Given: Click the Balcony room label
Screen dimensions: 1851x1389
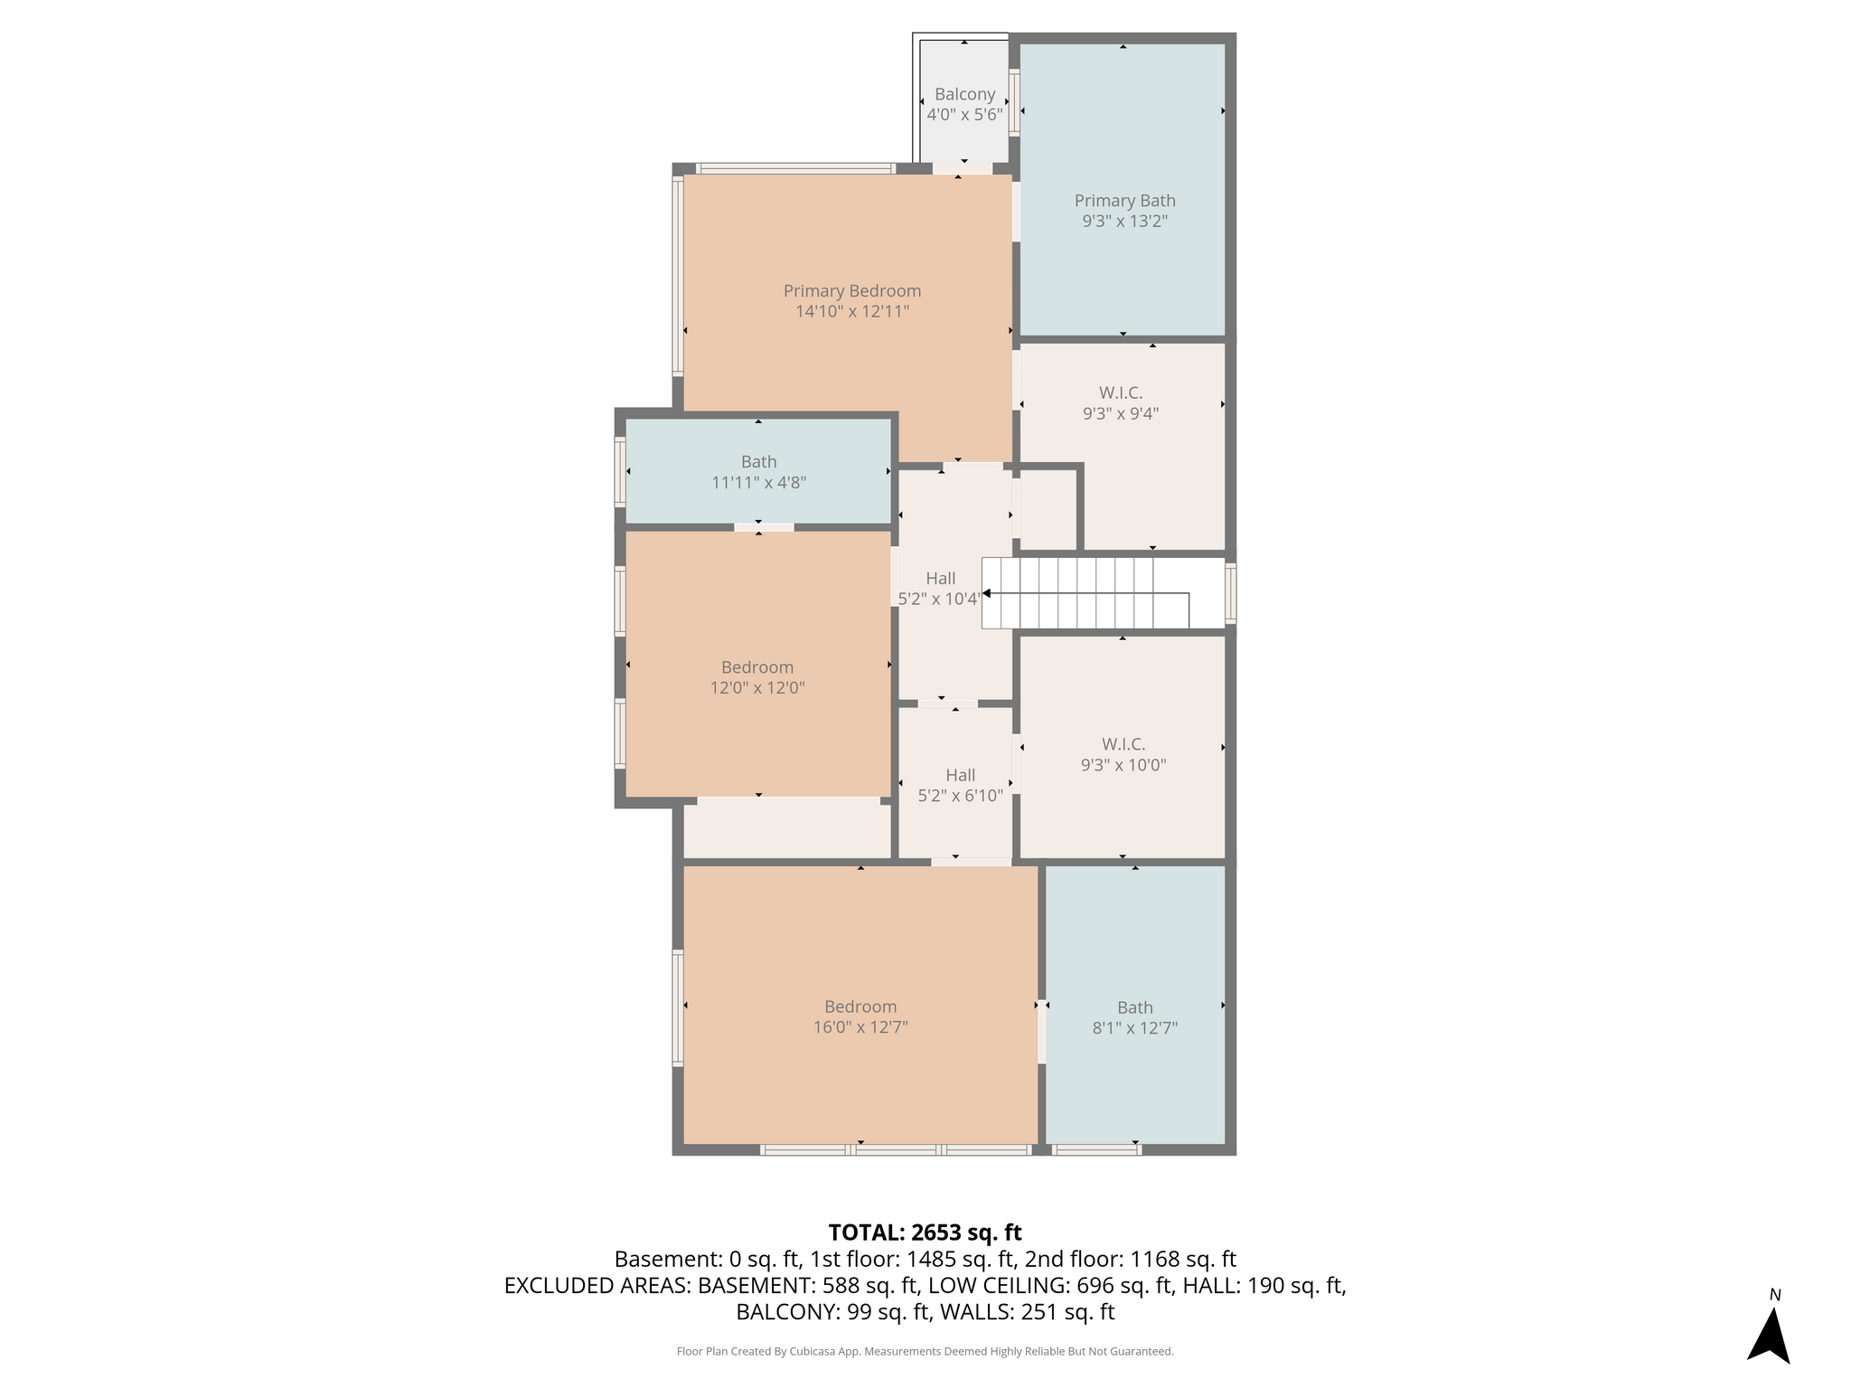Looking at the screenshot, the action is (x=964, y=94).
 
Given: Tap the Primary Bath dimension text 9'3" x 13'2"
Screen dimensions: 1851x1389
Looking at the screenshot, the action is (x=1124, y=221).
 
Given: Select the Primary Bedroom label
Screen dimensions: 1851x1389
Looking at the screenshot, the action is (x=852, y=290).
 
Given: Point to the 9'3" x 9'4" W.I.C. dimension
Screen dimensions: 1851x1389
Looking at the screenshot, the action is (x=1121, y=413).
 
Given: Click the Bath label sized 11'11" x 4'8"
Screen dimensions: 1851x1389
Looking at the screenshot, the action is (x=758, y=461).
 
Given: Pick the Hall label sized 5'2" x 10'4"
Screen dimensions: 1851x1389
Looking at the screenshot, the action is (x=940, y=578).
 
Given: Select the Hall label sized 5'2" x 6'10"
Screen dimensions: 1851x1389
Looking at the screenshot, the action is (x=960, y=775).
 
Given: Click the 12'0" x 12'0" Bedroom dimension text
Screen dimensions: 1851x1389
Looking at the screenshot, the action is (x=757, y=687).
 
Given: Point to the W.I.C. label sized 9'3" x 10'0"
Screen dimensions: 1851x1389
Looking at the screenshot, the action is (x=1123, y=744).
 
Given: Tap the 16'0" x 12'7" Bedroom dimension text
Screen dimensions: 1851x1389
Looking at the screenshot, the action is (x=860, y=1027).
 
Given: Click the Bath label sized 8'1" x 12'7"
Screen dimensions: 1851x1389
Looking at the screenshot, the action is (x=1134, y=1007).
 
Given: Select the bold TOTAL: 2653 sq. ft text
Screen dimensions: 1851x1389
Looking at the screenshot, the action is (x=925, y=1233).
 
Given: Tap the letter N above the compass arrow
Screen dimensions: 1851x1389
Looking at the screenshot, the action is (x=1775, y=1295).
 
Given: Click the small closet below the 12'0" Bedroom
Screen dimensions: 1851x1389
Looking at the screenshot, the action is (x=786, y=831).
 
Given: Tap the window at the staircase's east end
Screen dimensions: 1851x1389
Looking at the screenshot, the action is (x=1230, y=593).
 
